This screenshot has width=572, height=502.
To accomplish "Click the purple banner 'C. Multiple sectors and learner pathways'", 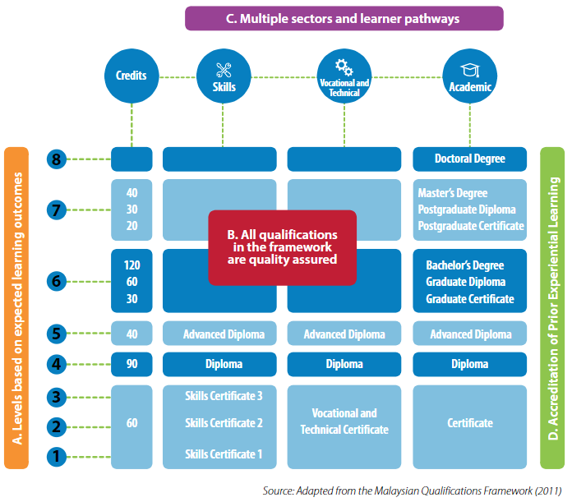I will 344,18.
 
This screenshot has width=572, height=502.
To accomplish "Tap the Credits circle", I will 131,76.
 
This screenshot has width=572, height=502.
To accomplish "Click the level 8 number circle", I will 56,159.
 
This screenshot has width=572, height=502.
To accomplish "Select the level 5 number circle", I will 56,334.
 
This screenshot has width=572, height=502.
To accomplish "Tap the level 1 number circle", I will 56,454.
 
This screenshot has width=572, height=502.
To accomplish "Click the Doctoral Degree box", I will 469,159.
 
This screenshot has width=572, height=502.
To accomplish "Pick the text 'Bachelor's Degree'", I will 464,265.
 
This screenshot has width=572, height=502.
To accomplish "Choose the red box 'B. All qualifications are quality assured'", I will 282,247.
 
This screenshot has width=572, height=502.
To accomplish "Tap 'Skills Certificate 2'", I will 224,423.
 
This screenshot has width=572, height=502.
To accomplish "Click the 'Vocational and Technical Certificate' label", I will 344,421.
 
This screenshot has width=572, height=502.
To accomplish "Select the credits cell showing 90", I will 131,364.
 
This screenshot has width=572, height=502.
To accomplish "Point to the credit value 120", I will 131,265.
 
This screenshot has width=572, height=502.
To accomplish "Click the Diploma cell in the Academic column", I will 469,364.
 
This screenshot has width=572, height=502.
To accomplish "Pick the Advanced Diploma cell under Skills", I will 224,334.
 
